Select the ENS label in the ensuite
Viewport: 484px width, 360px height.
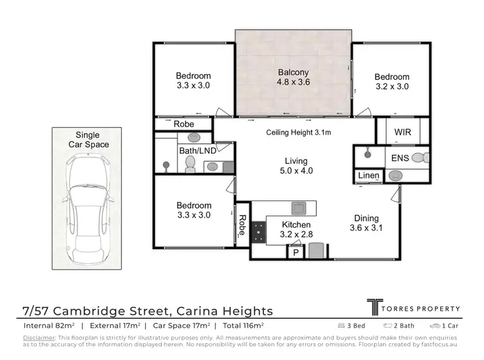click(399, 157)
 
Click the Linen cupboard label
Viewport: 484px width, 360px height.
click(368, 176)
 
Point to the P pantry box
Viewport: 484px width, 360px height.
click(295, 252)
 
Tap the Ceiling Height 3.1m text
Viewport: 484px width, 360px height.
click(298, 133)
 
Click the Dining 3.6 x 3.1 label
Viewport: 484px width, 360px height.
click(364, 223)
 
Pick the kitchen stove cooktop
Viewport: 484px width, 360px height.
click(258, 232)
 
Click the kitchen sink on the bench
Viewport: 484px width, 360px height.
click(299, 208)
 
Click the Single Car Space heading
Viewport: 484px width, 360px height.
click(88, 140)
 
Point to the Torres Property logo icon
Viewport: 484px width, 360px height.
click(374, 308)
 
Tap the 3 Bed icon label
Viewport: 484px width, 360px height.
click(354, 326)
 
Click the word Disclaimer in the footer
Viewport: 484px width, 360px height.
click(39, 337)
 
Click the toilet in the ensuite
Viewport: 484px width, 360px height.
click(419, 157)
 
